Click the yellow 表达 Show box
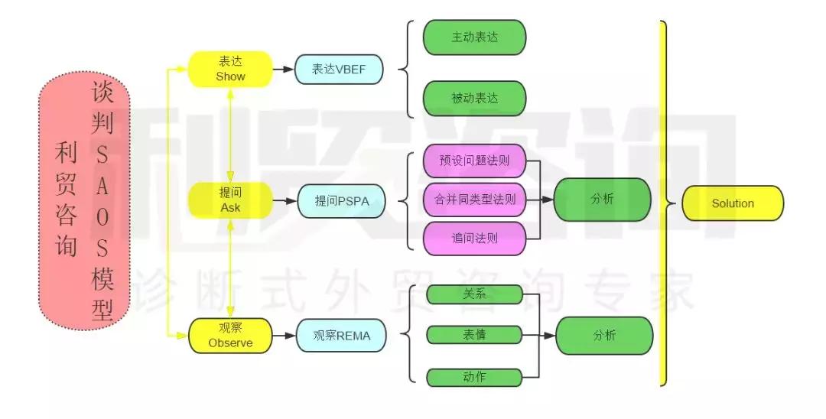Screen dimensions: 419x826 230,69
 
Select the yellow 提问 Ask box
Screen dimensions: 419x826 230,200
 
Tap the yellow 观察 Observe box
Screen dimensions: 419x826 230,335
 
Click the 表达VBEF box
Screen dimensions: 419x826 340,69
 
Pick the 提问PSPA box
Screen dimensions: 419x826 340,200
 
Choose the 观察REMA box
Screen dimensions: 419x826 340,335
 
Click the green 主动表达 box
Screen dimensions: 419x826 474,37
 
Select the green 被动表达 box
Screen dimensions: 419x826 474,98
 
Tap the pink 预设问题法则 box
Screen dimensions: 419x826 474,161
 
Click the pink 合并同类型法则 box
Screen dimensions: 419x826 474,200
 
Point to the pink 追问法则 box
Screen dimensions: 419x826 474,238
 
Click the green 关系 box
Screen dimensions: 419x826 474,294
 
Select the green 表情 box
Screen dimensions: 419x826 474,335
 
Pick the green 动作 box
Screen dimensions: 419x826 474,376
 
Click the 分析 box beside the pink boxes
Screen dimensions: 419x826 602,200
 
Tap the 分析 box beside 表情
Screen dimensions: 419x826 604,335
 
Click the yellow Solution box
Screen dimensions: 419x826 732,203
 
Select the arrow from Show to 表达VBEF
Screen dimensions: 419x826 283,69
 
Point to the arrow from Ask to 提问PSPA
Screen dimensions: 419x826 284,200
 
